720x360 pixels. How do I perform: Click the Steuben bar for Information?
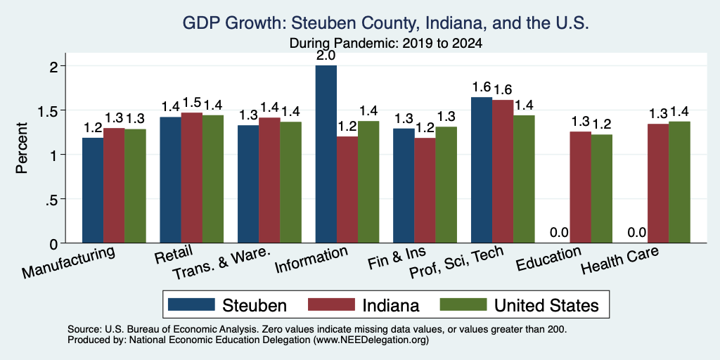coord(326,154)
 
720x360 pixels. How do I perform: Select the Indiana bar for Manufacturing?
coord(114,186)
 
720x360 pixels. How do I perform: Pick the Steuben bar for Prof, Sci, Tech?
coord(482,170)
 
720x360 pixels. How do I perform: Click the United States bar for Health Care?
coord(680,182)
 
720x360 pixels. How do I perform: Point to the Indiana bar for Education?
coord(580,187)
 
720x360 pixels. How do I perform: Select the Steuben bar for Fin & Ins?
coord(404,186)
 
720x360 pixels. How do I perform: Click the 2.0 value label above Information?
coord(326,56)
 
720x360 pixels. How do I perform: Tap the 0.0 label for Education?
coord(559,232)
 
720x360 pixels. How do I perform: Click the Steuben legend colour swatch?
coord(191,304)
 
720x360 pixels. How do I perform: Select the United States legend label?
coord(546,305)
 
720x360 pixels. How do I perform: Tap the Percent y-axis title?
coord(22,148)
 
